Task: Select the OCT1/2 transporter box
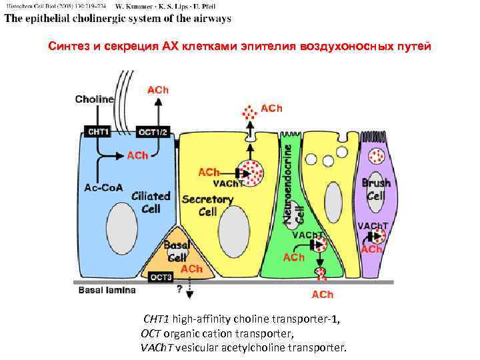(156, 132)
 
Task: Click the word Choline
(95, 99)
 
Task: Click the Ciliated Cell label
(151, 203)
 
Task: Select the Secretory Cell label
(207, 205)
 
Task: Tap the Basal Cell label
(177, 251)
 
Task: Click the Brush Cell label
(375, 189)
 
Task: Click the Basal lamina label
(107, 290)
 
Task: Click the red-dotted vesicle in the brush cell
(377, 156)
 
